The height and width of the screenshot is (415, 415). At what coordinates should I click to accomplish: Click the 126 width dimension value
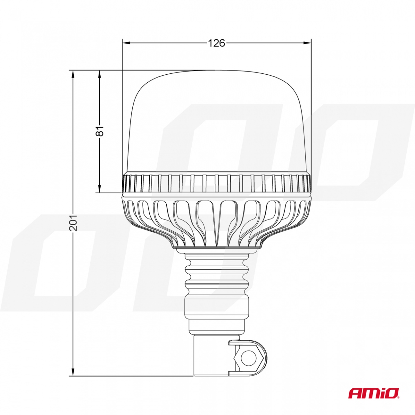coord(216,43)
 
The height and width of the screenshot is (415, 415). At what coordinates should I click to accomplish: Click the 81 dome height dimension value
coord(100,131)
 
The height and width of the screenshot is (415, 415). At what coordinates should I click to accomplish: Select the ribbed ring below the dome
coord(217,183)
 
